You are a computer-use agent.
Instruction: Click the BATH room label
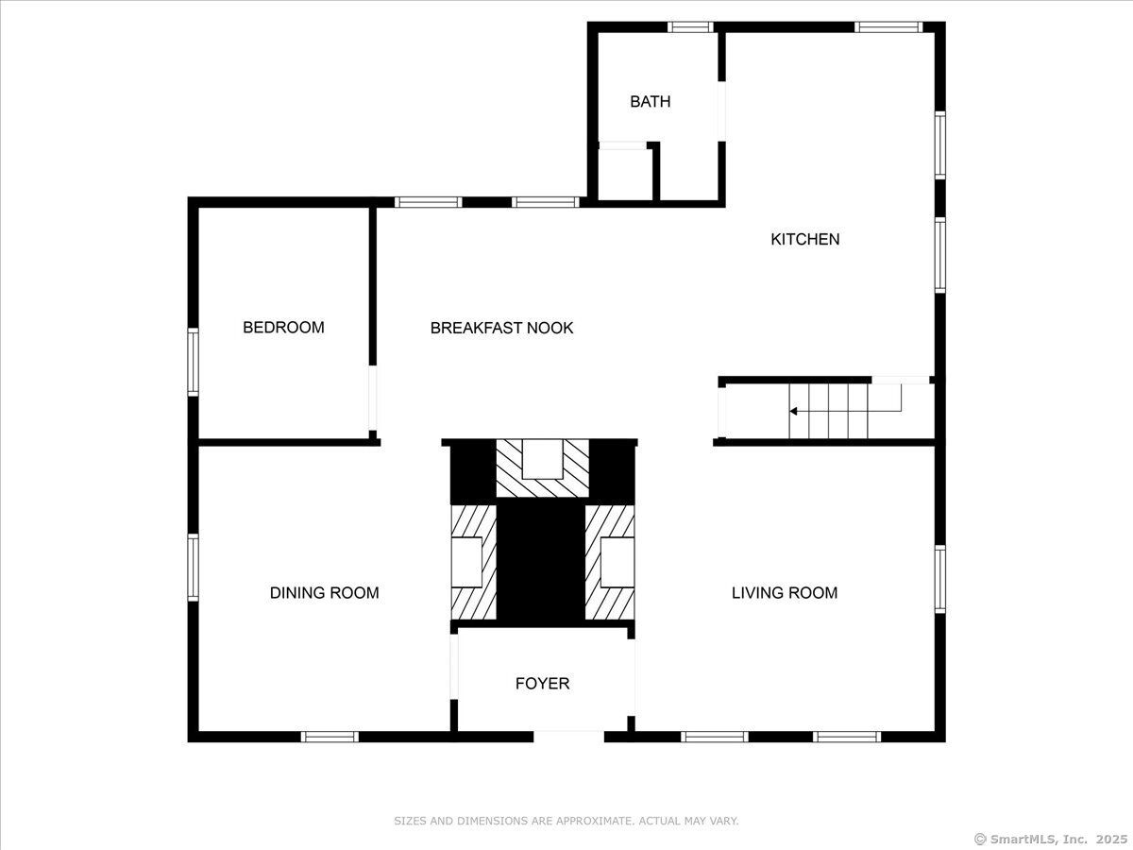[650, 101]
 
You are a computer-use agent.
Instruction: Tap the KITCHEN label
[804, 239]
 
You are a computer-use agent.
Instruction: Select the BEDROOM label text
[283, 327]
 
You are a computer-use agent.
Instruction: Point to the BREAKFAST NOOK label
[501, 328]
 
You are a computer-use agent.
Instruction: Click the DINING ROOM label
[324, 592]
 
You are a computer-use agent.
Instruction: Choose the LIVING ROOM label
[785, 592]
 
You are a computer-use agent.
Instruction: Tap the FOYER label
[542, 683]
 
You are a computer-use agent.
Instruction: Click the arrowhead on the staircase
[794, 412]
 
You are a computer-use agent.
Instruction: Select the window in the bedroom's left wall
[193, 362]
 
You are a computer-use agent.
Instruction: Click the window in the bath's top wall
[690, 26]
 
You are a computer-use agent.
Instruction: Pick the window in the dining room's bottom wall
[330, 737]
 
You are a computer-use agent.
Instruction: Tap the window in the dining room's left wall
[193, 568]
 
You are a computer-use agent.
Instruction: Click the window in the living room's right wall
[940, 579]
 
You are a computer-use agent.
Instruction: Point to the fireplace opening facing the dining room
[466, 562]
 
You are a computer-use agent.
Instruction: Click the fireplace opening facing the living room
[617, 562]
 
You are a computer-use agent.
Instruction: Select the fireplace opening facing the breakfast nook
[542, 459]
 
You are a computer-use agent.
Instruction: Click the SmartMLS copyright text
[1051, 840]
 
